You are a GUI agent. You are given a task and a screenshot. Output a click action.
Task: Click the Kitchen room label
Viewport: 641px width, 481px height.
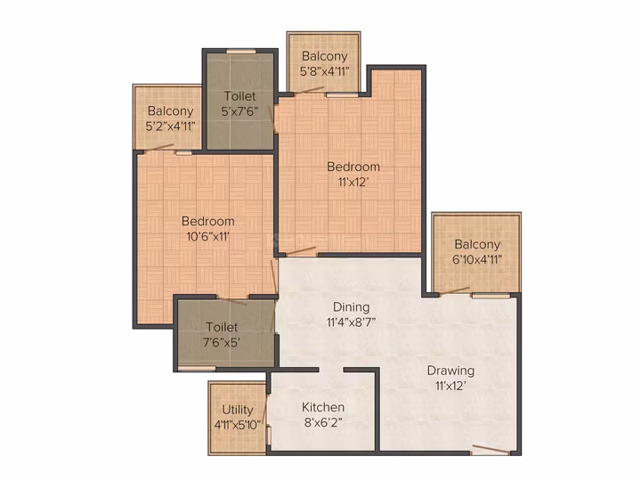click(323, 407)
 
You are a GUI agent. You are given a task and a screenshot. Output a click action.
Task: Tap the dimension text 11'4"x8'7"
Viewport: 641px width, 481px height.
click(351, 322)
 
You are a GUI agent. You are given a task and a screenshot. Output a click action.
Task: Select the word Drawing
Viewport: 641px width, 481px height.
click(450, 371)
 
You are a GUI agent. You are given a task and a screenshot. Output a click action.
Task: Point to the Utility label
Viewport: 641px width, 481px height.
click(238, 410)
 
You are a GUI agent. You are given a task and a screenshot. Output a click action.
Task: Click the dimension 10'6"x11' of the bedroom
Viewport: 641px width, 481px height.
click(208, 236)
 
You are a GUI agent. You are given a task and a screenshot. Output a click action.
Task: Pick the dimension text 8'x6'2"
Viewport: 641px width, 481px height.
click(323, 422)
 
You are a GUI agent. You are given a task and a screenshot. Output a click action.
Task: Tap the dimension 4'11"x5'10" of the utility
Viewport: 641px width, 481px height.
click(238, 425)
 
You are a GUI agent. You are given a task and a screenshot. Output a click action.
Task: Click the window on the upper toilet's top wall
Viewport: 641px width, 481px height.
click(241, 51)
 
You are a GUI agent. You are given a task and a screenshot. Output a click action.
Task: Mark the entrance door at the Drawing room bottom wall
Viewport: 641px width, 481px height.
click(491, 451)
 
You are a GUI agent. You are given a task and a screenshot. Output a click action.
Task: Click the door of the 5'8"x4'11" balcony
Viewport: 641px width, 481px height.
click(309, 90)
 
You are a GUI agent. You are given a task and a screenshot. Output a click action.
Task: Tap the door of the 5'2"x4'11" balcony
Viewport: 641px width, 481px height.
click(159, 148)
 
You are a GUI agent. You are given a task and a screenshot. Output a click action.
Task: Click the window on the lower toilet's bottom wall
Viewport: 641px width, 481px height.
click(197, 369)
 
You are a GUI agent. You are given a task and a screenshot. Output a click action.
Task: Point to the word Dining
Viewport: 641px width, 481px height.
click(351, 307)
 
